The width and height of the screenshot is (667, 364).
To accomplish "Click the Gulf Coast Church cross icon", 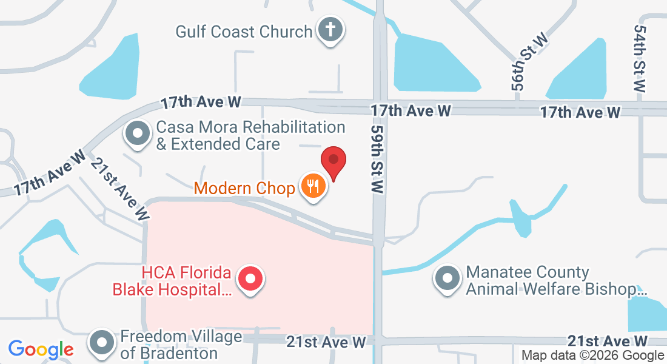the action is point(330,30).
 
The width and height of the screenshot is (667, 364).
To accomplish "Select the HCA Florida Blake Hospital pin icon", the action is point(250,280).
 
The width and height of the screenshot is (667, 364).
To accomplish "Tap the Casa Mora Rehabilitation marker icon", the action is point(137,133).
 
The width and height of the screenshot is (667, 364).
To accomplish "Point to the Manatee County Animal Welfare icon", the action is point(448,278).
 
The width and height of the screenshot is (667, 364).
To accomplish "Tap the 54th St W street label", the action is point(640,58).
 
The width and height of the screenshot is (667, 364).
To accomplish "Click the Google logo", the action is point(41,349).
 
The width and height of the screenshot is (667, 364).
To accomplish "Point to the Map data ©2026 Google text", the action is point(592,356).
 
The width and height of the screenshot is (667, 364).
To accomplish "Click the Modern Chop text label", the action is point(244,188).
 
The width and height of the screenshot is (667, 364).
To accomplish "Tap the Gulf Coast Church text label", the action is point(244,31).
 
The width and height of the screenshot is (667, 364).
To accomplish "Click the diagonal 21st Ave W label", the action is point(120,189).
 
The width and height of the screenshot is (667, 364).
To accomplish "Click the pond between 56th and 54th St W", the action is point(580,70).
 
